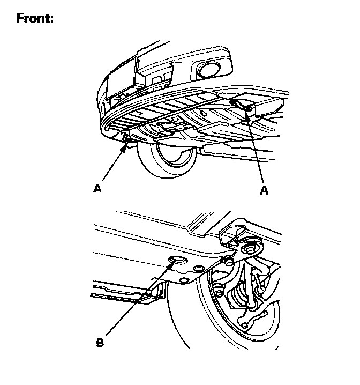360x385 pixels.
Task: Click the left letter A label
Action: coord(97,188)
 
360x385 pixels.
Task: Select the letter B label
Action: coord(100,341)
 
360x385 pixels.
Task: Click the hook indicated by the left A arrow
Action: coord(127,141)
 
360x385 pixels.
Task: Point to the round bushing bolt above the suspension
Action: coord(249,248)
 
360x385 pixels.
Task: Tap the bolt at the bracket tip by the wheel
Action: coord(228,261)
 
